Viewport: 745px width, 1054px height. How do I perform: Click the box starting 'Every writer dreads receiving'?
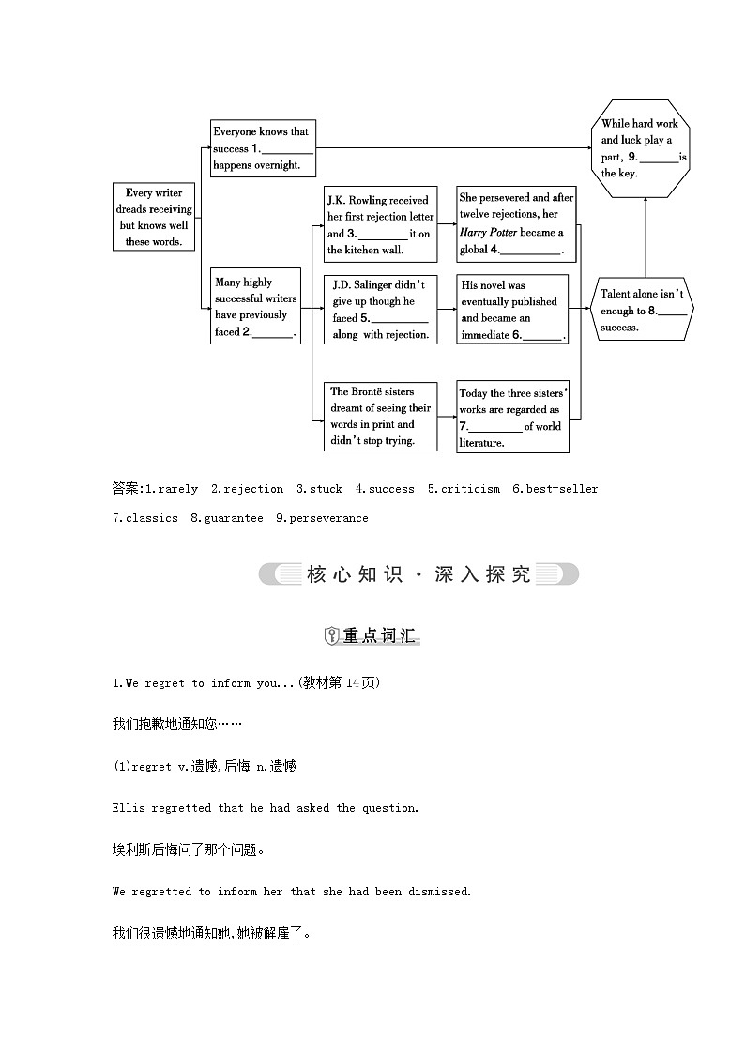pos(153,217)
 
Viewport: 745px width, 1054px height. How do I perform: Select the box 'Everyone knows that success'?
pos(262,148)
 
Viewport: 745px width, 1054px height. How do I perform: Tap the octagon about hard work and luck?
pos(645,148)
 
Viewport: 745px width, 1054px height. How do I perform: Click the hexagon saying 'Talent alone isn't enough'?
pos(644,311)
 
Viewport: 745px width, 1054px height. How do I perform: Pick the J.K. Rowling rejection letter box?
pos(380,224)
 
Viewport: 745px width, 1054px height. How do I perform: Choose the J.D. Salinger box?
pos(380,309)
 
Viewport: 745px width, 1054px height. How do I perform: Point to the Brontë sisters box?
pos(380,416)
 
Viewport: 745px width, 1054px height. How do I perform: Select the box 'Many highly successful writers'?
pos(256,307)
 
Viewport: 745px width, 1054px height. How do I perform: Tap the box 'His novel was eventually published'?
pos(512,309)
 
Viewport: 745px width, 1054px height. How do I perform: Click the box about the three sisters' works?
pos(513,417)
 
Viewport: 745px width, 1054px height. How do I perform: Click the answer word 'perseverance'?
pos(328,518)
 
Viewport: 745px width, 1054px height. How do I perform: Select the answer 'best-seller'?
pos(561,489)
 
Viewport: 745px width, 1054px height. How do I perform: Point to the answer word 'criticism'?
pos(470,489)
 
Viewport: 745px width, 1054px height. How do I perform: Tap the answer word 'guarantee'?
pos(234,518)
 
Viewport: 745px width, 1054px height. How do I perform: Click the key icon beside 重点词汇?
pos(331,636)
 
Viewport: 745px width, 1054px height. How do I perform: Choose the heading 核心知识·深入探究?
pos(418,574)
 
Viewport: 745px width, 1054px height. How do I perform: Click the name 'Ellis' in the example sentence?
pos(129,808)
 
